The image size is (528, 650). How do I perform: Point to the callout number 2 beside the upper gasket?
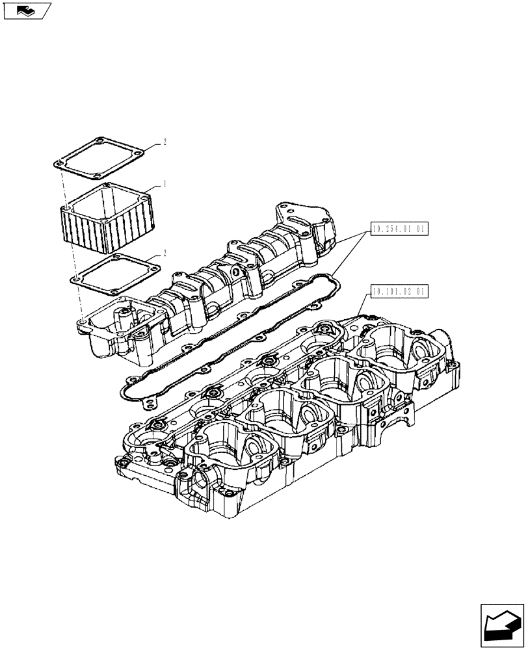tap(164, 142)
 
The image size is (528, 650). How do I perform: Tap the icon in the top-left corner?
tap(27, 10)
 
